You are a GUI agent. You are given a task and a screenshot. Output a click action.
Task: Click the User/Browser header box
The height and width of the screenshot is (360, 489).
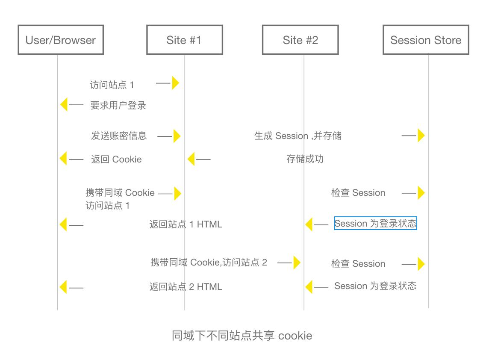(61, 40)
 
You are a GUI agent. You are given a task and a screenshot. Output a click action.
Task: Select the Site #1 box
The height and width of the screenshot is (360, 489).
(184, 40)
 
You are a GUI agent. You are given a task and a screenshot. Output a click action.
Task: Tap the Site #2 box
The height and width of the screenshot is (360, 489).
(300, 40)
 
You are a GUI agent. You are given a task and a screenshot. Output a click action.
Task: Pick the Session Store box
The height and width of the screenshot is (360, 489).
(426, 40)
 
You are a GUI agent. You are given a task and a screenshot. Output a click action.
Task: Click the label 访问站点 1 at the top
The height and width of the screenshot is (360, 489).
(112, 85)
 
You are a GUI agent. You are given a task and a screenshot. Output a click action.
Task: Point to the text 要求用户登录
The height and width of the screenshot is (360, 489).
(118, 105)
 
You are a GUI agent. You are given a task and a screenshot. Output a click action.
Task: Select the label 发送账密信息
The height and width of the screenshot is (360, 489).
(119, 136)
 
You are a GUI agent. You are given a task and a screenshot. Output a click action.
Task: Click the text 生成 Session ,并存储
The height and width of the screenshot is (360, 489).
(298, 136)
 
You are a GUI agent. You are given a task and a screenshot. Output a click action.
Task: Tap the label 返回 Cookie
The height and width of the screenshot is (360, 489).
(116, 159)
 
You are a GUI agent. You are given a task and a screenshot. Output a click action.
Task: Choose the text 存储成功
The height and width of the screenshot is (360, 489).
(305, 159)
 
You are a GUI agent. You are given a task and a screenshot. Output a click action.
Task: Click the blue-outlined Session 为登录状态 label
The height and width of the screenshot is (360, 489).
(375, 223)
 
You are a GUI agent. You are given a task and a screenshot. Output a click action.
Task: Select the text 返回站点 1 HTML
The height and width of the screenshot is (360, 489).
(186, 224)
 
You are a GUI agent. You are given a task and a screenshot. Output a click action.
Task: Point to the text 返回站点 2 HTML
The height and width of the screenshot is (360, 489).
(186, 286)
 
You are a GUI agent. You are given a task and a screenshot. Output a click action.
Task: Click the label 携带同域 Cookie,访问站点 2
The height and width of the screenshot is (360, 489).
(209, 263)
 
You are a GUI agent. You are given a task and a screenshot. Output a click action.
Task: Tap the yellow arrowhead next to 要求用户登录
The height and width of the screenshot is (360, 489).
(64, 104)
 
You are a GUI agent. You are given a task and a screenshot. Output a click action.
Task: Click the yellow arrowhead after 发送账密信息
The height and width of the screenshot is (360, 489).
(177, 136)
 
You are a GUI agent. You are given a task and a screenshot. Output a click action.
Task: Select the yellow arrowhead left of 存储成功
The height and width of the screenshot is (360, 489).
(191, 159)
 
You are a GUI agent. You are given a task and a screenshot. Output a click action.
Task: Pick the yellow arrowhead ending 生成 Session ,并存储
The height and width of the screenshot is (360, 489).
(421, 136)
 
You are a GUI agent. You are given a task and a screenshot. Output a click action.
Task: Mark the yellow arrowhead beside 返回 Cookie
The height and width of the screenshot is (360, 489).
(63, 159)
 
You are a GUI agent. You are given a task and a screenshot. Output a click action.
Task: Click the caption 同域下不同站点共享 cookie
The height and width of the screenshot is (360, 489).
(242, 336)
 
